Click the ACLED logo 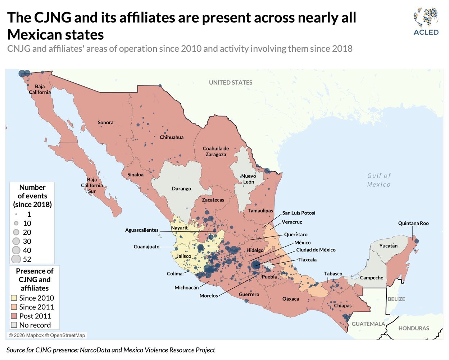pyautogui.click(x=426, y=22)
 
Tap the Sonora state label pyautogui.click(x=105, y=122)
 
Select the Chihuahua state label pyautogui.click(x=172, y=137)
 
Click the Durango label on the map pyautogui.click(x=181, y=189)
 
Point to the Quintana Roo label pyautogui.click(x=413, y=223)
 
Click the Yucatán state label pyautogui.click(x=388, y=246)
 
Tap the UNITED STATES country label pyautogui.click(x=231, y=82)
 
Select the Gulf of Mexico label pyautogui.click(x=379, y=180)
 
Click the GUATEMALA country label pyautogui.click(x=368, y=324)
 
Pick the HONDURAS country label pyautogui.click(x=413, y=328)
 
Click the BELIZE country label pyautogui.click(x=396, y=299)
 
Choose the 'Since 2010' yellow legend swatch pyautogui.click(x=14, y=298)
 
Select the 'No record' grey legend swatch pyautogui.click(x=14, y=325)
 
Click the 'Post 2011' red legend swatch pyautogui.click(x=14, y=316)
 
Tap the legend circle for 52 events pyautogui.click(x=16, y=259)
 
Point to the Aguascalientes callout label pyautogui.click(x=142, y=230)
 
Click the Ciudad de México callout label pyautogui.click(x=316, y=250)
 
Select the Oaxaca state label pyautogui.click(x=290, y=299)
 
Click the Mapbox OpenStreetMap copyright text pyautogui.click(x=47, y=336)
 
